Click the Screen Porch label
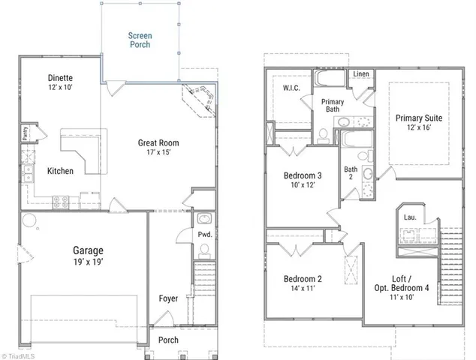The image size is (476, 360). tap(139, 40)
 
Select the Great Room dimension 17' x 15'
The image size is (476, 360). tap(158, 153)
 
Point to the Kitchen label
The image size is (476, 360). tap(60, 171)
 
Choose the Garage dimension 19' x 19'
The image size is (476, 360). tap(88, 262)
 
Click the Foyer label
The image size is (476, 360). tap(168, 298)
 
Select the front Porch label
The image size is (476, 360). tap(169, 340)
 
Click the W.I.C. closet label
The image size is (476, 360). tap(292, 88)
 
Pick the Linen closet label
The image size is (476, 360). tap(361, 74)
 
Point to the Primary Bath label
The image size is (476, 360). tap(333, 106)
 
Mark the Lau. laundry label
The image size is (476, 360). tap(410, 217)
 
